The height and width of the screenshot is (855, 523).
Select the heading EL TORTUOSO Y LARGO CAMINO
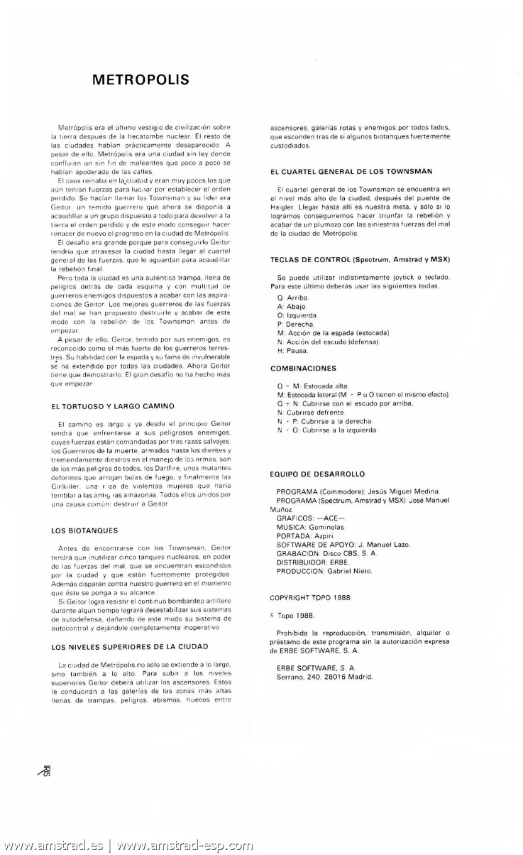[x=113, y=406]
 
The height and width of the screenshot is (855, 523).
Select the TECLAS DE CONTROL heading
[x=360, y=259]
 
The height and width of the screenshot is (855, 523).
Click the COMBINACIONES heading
[x=303, y=369]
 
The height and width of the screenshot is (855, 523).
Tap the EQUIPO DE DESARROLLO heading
[x=317, y=474]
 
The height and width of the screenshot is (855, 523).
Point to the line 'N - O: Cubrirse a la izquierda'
[x=328, y=430]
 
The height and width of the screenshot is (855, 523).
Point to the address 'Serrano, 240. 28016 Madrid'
[x=324, y=676]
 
